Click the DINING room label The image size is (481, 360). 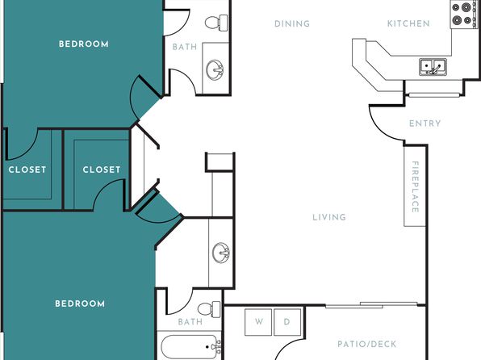click(292, 24)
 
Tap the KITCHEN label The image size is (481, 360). click(408, 23)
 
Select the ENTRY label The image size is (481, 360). click(425, 123)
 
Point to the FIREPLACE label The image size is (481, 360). click(415, 186)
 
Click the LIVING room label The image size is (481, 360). click(329, 217)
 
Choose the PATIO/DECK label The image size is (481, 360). click(367, 344)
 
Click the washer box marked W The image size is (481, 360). click(258, 322)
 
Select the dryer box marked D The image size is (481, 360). click(287, 322)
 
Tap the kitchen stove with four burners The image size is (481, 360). click(462, 15)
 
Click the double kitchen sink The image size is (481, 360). click(433, 67)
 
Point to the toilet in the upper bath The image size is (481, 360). click(216, 23)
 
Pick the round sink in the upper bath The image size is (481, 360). click(215, 69)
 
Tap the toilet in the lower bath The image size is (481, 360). click(209, 309)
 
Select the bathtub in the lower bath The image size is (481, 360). click(190, 347)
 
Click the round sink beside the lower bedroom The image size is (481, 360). click(221, 253)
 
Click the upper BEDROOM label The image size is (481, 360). click(84, 44)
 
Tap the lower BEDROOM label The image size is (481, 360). click(80, 303)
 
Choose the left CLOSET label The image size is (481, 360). click(27, 170)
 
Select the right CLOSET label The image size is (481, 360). click(102, 170)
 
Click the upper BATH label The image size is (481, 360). click(185, 47)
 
